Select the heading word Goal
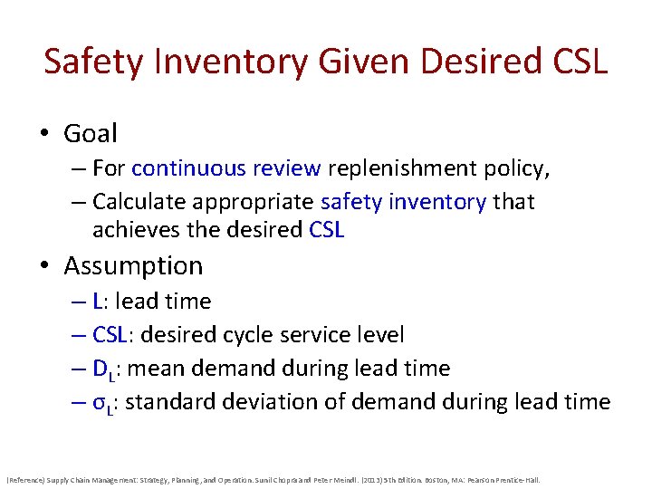click(x=91, y=133)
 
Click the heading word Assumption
click(x=133, y=266)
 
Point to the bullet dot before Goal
click(x=44, y=134)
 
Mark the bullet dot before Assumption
click(x=44, y=267)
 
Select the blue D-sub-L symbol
click(x=102, y=369)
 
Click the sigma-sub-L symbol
click(x=102, y=403)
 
